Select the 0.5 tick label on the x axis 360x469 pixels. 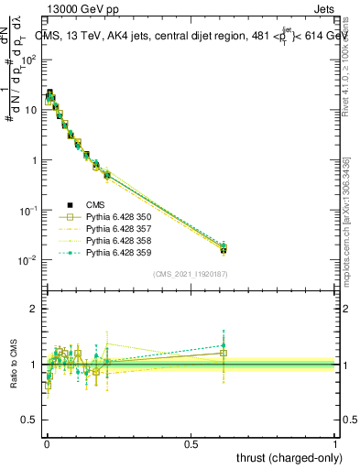pyautogui.click(x=191, y=443)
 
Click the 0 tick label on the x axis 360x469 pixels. pyautogui.click(x=47, y=443)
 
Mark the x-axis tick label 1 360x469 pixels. pyautogui.click(x=335, y=443)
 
